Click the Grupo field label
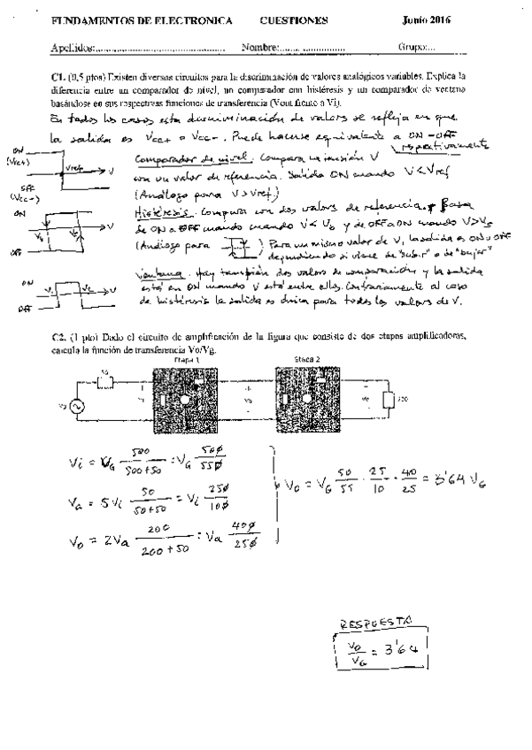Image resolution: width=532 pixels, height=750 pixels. point(413,46)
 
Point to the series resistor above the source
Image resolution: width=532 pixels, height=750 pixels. point(104,384)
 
